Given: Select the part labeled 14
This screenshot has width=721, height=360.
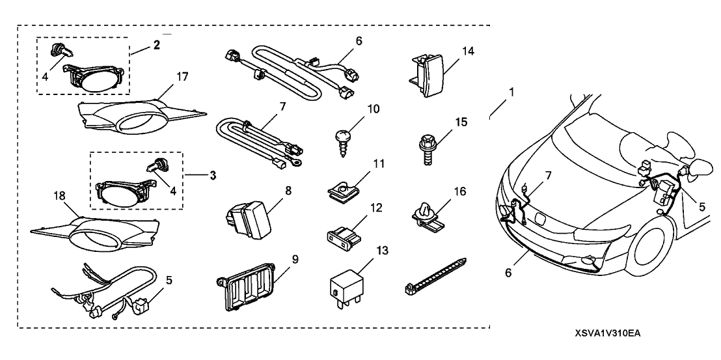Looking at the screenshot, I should click(428, 74).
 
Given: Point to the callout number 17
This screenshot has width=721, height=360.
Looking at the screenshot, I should click(182, 77).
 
